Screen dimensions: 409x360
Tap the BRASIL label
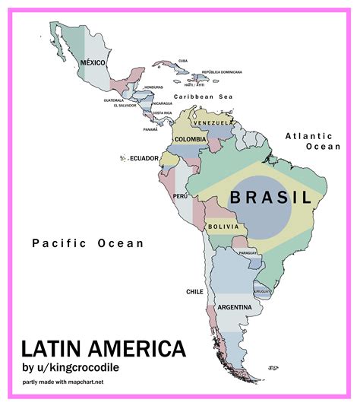(x=271, y=198)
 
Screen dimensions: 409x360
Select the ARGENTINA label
(x=235, y=307)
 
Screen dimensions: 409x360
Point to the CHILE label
(x=194, y=291)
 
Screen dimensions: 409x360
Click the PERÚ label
(x=180, y=196)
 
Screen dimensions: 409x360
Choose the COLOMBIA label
(x=190, y=139)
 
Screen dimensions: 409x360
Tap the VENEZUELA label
(x=211, y=123)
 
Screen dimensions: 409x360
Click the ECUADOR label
(x=144, y=158)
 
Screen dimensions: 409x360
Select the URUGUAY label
(x=263, y=291)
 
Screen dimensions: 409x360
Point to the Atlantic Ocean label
(x=312, y=141)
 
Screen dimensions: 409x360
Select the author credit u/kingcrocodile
(x=71, y=369)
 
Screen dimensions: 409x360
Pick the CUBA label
(x=183, y=61)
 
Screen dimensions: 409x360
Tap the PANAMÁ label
(x=150, y=129)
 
